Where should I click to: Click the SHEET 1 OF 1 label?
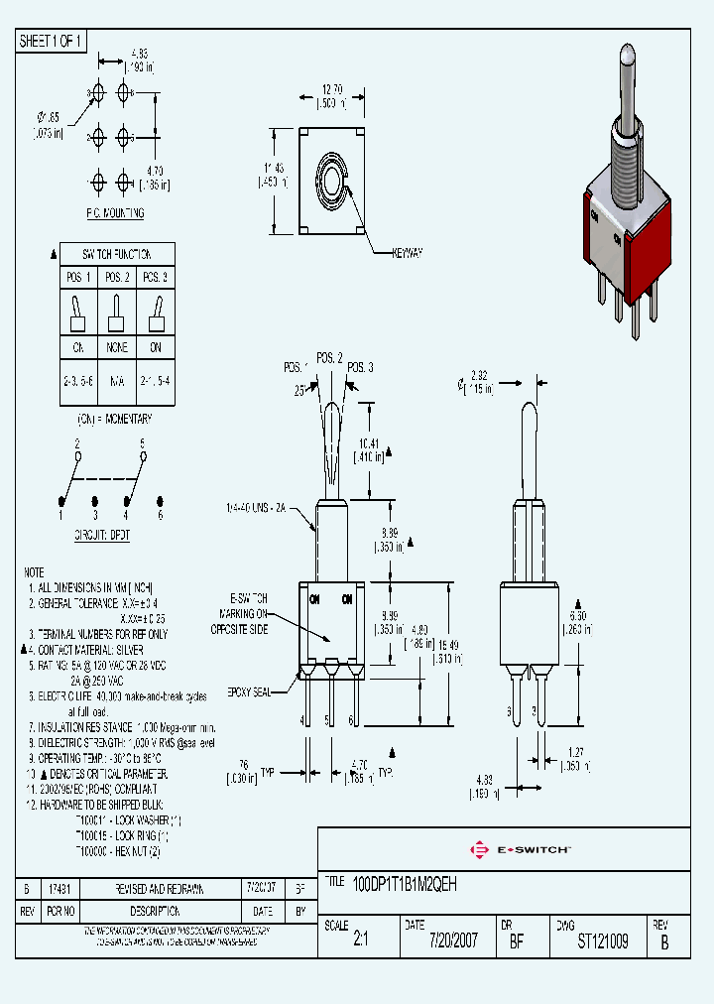coord(52,41)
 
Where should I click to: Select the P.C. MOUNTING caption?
coord(115,213)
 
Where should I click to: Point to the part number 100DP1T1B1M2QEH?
coord(406,881)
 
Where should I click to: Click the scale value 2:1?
coord(360,941)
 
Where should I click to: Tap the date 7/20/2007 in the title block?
coord(452,941)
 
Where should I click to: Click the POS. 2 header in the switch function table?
coord(117,277)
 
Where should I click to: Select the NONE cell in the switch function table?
coord(117,348)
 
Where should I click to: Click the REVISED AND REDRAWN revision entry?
coord(161,890)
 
